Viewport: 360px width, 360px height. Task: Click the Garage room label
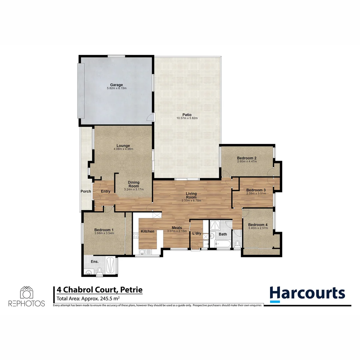[117, 85]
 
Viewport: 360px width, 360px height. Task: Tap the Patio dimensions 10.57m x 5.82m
[187, 118]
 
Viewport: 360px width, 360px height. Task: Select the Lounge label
[123, 145]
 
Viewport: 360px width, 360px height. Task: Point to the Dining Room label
[134, 184]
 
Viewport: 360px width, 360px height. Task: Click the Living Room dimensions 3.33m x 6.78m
[191, 201]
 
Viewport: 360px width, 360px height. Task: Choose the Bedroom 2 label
[246, 158]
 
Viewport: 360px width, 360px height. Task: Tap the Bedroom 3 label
[256, 190]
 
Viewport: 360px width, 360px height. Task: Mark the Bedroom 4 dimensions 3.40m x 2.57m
[258, 228]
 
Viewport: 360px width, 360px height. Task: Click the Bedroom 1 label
[104, 230]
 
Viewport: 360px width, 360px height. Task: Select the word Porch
[86, 191]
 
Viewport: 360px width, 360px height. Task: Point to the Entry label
[105, 191]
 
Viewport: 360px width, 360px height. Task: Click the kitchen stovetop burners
[136, 235]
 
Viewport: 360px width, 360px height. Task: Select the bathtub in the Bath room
[223, 244]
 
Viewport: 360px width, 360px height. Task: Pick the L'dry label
[197, 233]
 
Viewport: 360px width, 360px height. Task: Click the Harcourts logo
[307, 294]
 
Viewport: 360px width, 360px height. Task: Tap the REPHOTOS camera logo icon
[26, 293]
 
